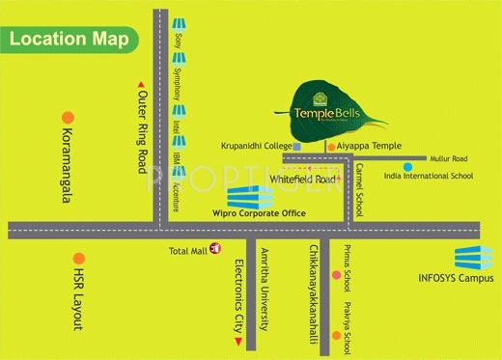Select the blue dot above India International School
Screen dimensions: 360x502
408,166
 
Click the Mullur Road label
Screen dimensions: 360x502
448,159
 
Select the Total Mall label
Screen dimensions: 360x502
188,252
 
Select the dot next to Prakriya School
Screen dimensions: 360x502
337,335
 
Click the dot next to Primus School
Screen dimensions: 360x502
337,275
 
